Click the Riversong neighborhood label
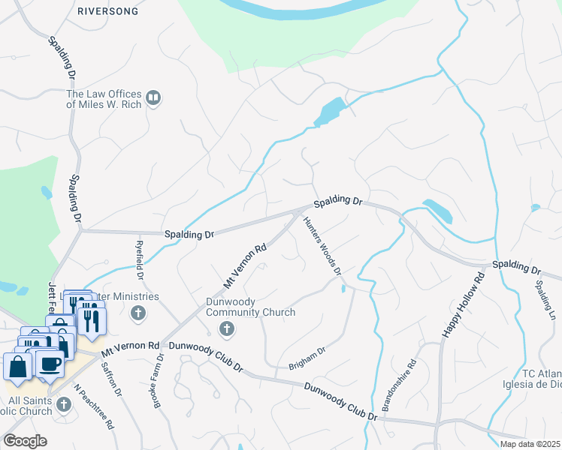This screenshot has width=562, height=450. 106,11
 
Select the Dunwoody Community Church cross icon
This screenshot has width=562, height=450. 225,328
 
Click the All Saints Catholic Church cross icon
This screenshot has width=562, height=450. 64,405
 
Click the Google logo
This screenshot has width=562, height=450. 25,440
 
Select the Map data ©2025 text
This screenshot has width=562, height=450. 530,444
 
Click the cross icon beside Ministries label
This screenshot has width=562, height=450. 137,313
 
